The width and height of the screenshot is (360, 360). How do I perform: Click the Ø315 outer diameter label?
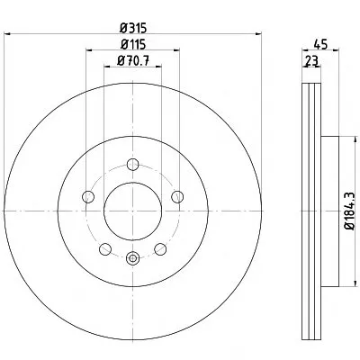click(x=133, y=29)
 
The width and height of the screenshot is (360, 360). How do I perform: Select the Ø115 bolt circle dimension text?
click(x=133, y=45)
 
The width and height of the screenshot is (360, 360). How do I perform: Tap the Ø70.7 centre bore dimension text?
click(x=133, y=61)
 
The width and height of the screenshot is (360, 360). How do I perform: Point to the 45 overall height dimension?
click(x=320, y=44)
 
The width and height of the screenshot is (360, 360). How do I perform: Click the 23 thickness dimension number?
click(x=311, y=61)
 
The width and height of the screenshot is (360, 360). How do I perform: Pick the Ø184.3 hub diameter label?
click(x=351, y=211)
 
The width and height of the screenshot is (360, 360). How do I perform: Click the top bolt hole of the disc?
click(x=132, y=165)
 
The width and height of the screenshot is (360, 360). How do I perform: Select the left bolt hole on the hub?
click(x=88, y=196)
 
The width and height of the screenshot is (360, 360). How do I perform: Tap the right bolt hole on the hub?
click(x=177, y=196)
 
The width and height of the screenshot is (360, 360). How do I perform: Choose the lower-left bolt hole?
click(x=105, y=249)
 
